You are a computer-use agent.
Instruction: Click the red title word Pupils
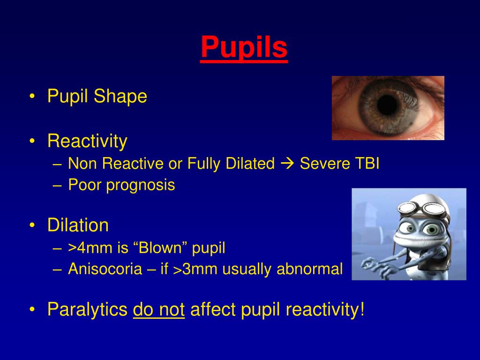(x=244, y=47)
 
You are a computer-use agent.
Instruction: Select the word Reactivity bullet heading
(x=87, y=141)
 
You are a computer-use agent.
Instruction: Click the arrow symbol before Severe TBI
(x=287, y=164)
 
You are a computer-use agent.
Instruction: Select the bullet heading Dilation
(x=78, y=225)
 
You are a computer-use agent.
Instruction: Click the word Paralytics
(x=87, y=310)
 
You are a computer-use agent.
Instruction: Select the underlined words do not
(x=159, y=310)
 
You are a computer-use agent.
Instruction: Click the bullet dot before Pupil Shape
(x=32, y=97)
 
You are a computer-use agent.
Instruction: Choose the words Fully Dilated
(x=231, y=164)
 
